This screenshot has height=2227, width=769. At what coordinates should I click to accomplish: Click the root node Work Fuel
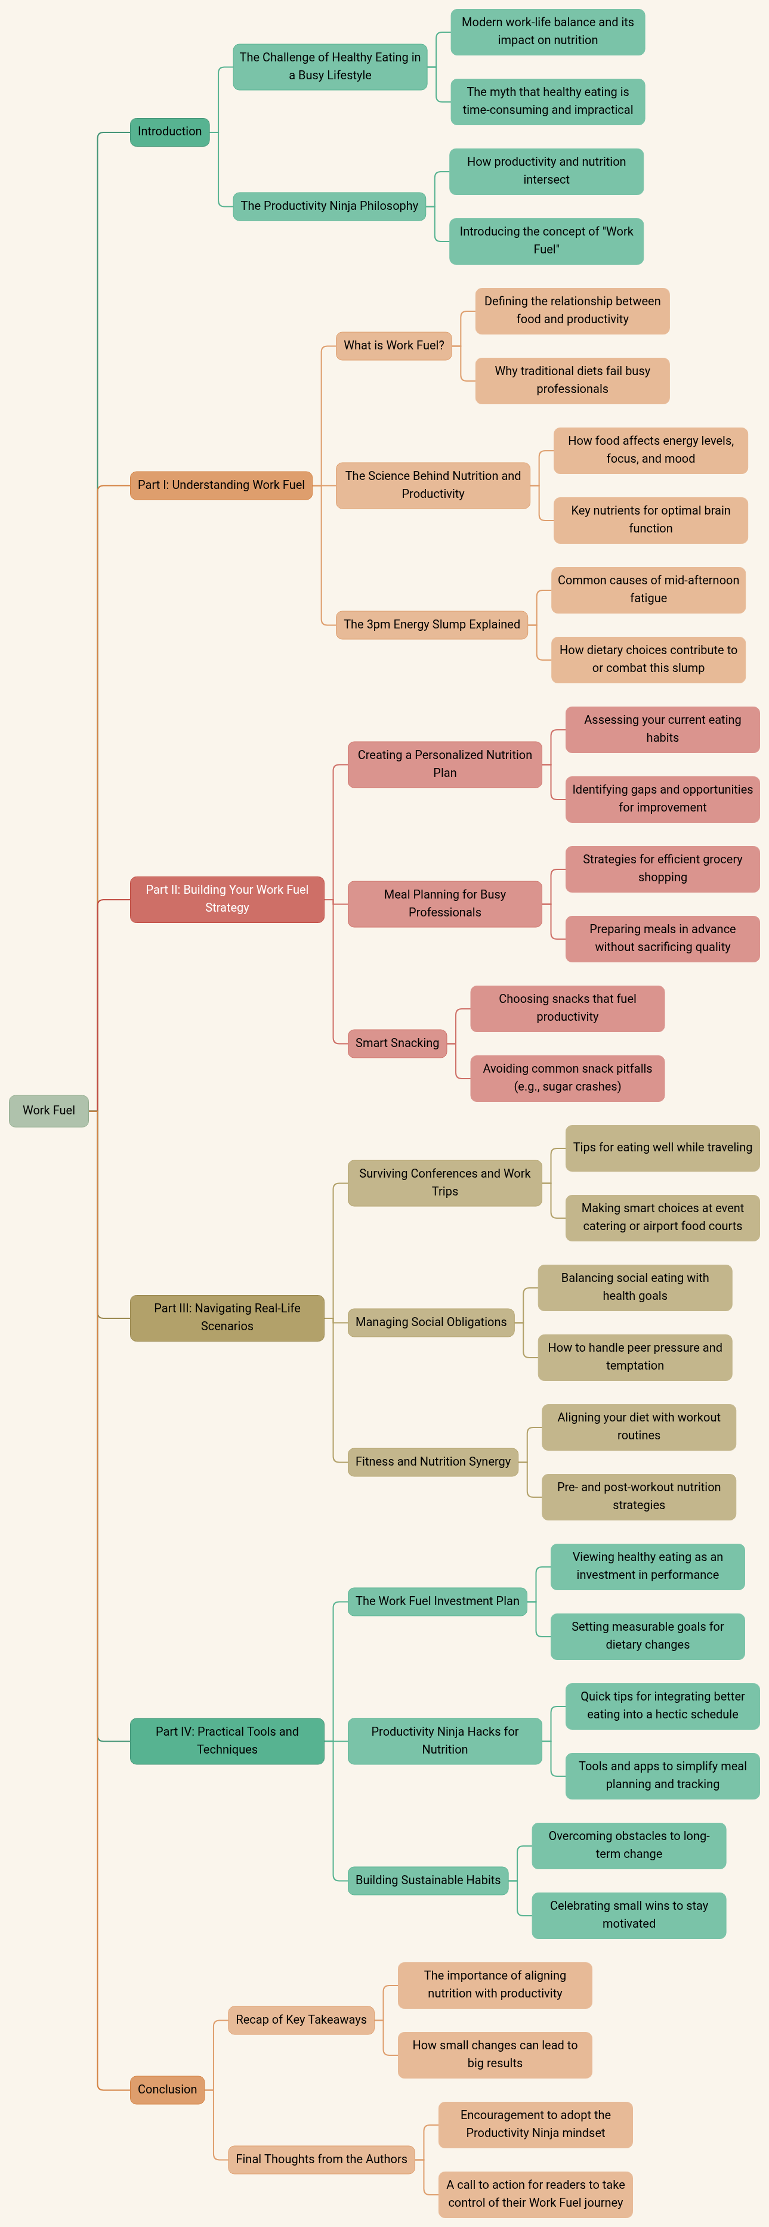pos(48,1110)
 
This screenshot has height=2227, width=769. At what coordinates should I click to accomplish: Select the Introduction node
pos(169,131)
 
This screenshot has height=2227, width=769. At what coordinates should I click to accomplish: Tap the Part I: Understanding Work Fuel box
pos(221,485)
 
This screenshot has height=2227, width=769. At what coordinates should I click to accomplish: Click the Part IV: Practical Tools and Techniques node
pos(227,1740)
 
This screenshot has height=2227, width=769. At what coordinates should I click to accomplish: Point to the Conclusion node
pos(167,2089)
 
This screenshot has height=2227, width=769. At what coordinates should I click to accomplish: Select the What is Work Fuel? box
pos(394,345)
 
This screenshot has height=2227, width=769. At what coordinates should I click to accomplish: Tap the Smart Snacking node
pos(397,1043)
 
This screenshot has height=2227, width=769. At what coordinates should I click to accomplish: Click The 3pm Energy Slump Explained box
pos(432,624)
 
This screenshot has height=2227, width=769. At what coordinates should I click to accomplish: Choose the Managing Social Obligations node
pos(431,1322)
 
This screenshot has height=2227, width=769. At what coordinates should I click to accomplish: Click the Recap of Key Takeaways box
pos(301,2020)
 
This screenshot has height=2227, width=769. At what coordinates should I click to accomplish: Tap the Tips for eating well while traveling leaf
pos(663,1147)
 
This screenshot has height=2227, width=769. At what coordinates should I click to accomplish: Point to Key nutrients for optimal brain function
pos(650,519)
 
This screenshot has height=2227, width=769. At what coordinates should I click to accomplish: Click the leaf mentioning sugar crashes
pos(567,1078)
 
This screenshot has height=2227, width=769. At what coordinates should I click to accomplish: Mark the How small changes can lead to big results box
pos(495,2054)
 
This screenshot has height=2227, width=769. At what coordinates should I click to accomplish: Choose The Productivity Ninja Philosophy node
pos(329,206)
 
